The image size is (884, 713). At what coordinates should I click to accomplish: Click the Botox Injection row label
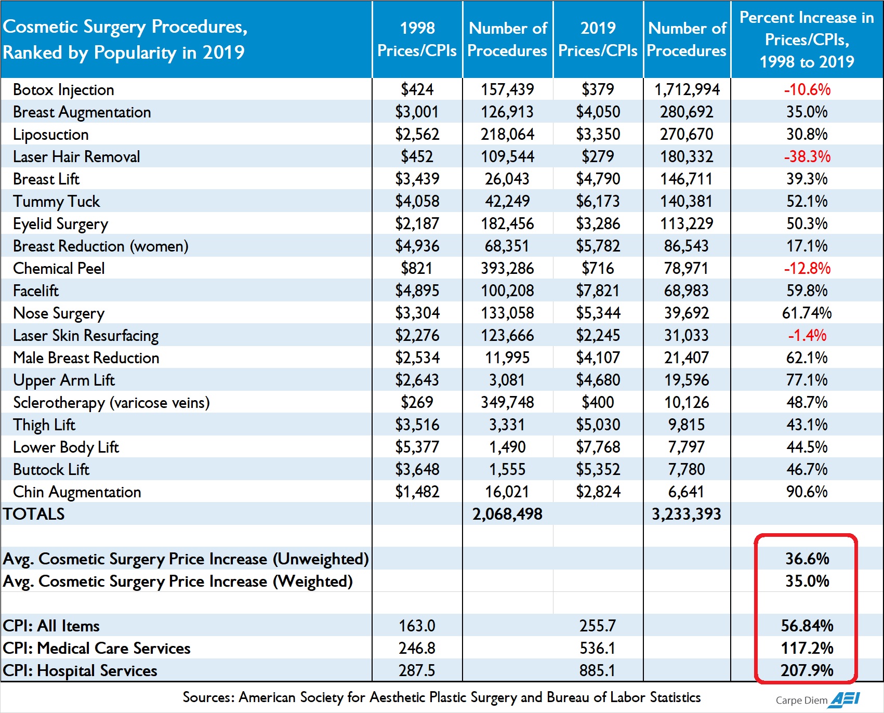point(63,90)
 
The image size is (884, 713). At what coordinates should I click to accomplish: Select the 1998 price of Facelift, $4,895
point(417,291)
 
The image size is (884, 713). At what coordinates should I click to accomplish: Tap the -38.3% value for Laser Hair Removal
point(807,156)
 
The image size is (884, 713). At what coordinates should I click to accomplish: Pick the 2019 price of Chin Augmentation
point(598,492)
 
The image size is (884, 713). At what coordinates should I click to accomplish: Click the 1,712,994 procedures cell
point(687,90)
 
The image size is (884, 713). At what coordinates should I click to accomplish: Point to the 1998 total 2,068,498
point(507,514)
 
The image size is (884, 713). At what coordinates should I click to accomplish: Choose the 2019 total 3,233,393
point(687,514)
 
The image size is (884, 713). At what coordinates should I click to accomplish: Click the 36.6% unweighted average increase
point(807,559)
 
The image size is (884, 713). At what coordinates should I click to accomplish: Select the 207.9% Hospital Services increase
point(807,670)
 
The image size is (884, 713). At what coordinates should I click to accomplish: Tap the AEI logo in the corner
point(845,699)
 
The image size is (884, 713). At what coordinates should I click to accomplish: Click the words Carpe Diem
point(801,701)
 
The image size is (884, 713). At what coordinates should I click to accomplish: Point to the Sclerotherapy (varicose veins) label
point(111,403)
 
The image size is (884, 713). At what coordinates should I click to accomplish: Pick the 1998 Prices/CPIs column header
point(417,39)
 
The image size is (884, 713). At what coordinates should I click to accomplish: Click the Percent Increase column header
point(807,39)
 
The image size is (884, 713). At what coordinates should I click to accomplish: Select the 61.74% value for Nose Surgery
point(807,313)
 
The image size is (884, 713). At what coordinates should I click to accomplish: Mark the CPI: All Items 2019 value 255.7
point(598,626)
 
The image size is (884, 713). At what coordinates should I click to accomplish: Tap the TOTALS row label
point(34,514)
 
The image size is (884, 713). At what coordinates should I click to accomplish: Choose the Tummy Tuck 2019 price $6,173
point(598,201)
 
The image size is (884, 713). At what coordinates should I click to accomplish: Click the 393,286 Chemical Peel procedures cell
point(507,268)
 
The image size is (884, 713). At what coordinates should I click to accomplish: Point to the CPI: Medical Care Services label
point(97,648)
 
